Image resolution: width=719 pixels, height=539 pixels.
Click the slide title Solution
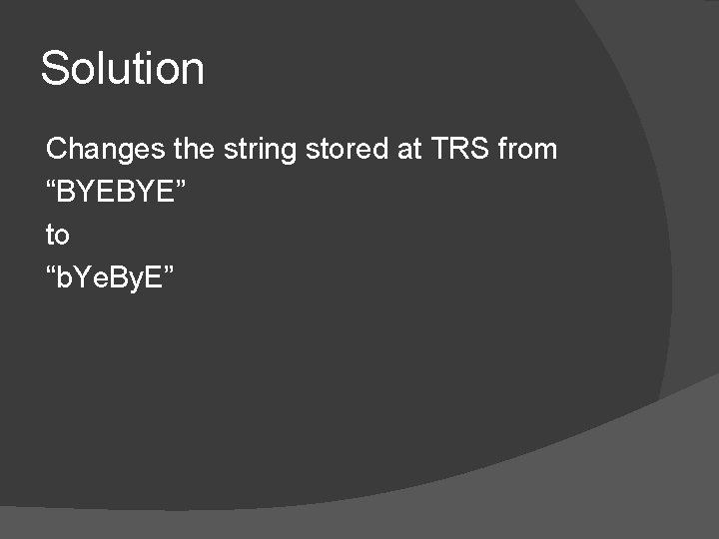point(122,69)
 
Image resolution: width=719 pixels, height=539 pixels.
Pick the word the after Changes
point(194,150)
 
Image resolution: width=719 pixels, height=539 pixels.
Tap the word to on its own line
point(58,236)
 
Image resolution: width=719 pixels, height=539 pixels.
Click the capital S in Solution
point(54,69)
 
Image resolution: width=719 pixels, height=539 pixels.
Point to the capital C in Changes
point(56,150)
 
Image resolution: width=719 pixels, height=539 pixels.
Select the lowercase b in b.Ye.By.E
point(66,278)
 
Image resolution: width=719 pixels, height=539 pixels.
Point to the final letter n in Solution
point(193,72)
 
